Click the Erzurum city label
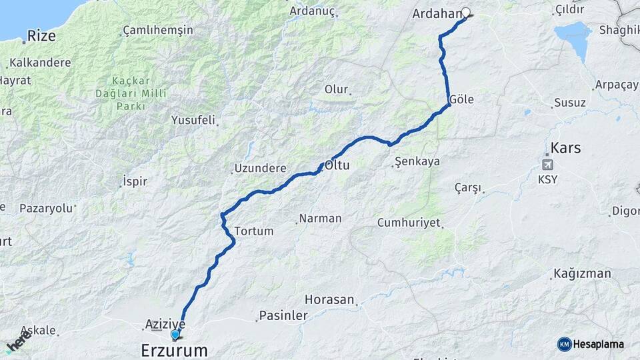click(x=174, y=349)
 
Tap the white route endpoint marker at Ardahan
click(x=466, y=12)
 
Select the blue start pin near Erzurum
click(x=175, y=335)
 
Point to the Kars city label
click(x=565, y=148)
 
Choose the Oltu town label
click(x=337, y=164)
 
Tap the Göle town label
click(x=461, y=99)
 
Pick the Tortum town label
click(x=254, y=231)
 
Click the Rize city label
click(x=42, y=36)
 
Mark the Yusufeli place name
click(x=193, y=121)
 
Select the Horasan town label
click(x=329, y=299)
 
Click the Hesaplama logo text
click(x=599, y=344)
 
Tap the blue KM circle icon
click(x=565, y=344)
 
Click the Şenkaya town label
click(x=417, y=161)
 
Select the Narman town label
click(x=320, y=218)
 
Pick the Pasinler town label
click(x=283, y=315)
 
